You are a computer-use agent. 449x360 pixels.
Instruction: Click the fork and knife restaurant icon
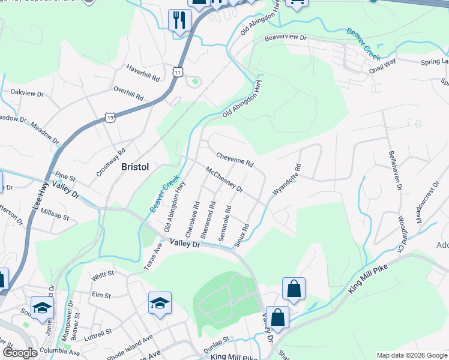click(179, 22)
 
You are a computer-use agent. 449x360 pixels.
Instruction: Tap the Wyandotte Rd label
click(286, 179)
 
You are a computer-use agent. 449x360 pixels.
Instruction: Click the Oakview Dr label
click(28, 94)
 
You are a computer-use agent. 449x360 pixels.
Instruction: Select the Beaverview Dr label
click(286, 38)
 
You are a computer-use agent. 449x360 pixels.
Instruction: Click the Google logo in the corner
click(20, 353)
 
